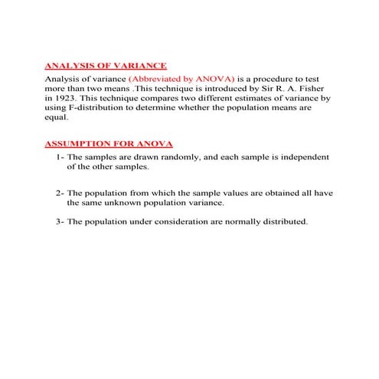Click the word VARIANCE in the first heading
coord(139,67)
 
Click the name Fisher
coord(316,89)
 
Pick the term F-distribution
coord(100,109)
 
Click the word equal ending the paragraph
coord(55,119)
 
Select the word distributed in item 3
coord(286,222)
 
